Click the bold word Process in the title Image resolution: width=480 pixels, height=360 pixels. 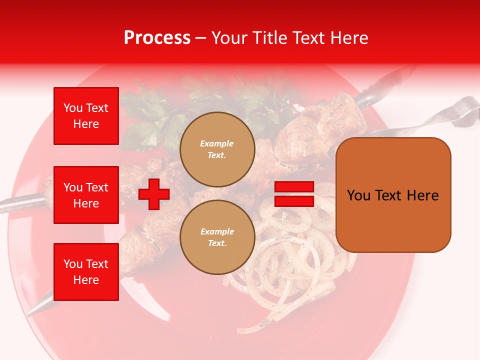tap(157, 38)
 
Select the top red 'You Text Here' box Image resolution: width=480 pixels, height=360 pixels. tap(86, 116)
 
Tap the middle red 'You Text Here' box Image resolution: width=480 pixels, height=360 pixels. tap(86, 195)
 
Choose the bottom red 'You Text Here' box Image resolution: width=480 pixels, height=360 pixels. tap(86, 272)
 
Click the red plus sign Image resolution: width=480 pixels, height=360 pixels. tap(154, 194)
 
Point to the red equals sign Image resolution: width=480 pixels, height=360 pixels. tap(294, 194)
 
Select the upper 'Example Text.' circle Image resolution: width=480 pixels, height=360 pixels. tap(217, 149)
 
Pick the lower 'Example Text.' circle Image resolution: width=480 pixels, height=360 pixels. tap(217, 237)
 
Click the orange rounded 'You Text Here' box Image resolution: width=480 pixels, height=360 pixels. tap(393, 195)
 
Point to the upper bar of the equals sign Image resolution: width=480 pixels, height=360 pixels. tap(294, 187)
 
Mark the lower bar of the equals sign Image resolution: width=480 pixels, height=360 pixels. tap(294, 201)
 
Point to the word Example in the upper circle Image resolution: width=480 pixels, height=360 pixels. tap(217, 143)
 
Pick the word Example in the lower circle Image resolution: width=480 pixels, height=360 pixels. tap(217, 231)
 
